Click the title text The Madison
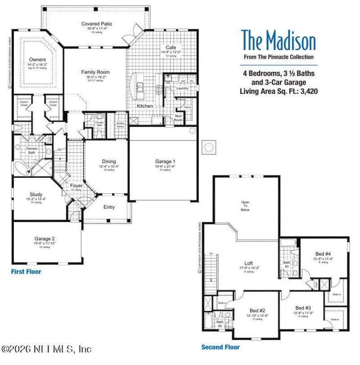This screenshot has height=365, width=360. (278, 41)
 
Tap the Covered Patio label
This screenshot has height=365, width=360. (97, 24)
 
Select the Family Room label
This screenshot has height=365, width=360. (95, 72)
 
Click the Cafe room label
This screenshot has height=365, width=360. (171, 47)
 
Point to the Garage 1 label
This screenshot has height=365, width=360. (164, 162)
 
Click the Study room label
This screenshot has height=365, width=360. (36, 194)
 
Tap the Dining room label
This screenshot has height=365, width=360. (108, 162)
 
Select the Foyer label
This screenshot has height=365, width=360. (76, 185)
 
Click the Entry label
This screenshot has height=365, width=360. (109, 207)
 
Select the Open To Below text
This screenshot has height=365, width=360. (245, 206)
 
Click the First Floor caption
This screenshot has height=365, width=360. (26, 272)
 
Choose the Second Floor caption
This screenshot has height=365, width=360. (220, 347)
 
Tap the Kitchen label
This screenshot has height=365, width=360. (145, 106)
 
